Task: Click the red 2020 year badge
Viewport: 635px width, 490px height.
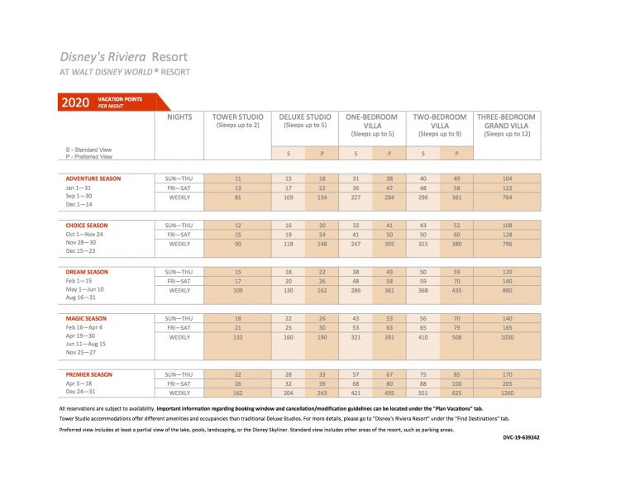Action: (77, 102)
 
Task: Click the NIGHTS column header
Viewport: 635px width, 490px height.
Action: (179, 117)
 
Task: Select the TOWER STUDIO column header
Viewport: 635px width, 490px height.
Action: (237, 121)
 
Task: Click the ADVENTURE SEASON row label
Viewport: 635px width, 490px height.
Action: (93, 178)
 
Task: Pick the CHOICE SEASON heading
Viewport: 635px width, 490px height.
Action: (87, 225)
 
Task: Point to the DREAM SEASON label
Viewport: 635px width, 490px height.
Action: (87, 272)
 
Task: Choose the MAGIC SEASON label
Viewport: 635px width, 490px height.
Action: (87, 318)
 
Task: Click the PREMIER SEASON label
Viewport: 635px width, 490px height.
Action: (89, 374)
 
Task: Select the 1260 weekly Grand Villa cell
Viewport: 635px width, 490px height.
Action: (507, 393)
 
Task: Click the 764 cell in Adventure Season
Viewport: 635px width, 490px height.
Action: (507, 197)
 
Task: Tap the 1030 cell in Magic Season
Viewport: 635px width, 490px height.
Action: (507, 337)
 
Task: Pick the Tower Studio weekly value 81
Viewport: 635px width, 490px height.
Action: (237, 197)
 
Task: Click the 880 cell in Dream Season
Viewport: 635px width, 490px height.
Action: (507, 291)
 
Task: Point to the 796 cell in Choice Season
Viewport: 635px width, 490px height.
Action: (507, 244)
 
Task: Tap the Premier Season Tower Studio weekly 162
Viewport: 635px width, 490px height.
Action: (237, 393)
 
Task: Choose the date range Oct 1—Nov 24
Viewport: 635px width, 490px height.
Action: (86, 235)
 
